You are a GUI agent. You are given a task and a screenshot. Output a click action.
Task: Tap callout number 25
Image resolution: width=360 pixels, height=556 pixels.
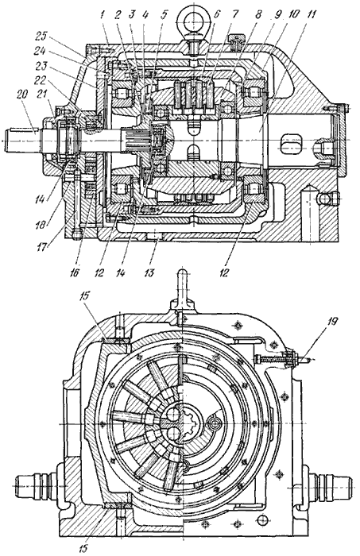coord(43,37)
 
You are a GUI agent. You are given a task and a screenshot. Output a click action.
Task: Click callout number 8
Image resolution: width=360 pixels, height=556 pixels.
coord(258,15)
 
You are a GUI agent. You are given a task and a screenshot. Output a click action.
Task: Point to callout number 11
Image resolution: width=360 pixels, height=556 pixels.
coord(311,15)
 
